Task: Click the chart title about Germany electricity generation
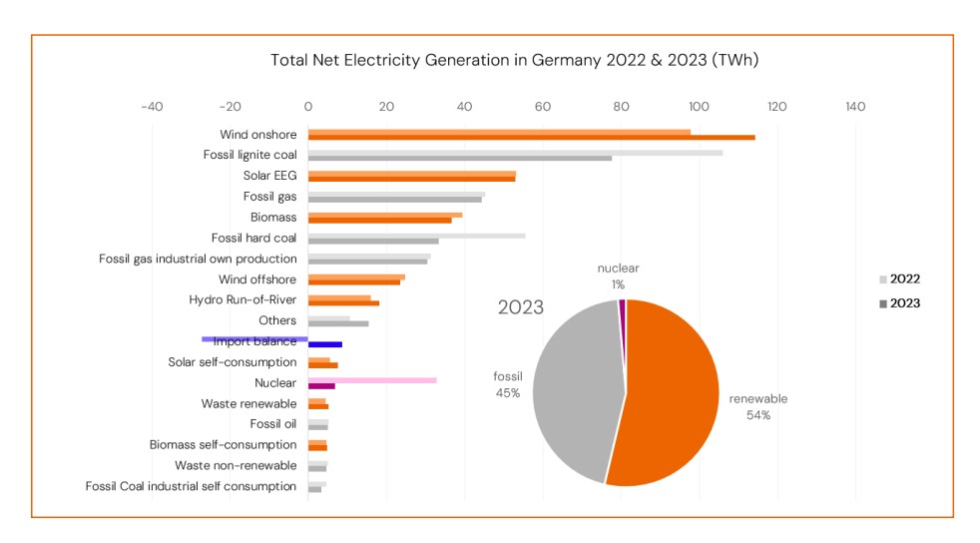pyautogui.click(x=514, y=60)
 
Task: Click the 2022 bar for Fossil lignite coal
pyautogui.click(x=515, y=153)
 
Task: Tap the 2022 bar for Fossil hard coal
pyautogui.click(x=416, y=236)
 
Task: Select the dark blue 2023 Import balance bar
pyautogui.click(x=325, y=344)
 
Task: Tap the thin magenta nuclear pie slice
pyautogui.click(x=622, y=305)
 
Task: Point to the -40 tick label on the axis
pyautogui.click(x=152, y=107)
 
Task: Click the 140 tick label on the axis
pyautogui.click(x=855, y=107)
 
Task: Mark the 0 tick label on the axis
pyautogui.click(x=308, y=107)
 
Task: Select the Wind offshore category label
pyautogui.click(x=257, y=279)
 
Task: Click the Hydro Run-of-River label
pyautogui.click(x=243, y=299)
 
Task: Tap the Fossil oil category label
pyautogui.click(x=272, y=424)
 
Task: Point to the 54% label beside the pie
pyautogui.click(x=758, y=415)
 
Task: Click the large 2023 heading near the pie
pyautogui.click(x=521, y=307)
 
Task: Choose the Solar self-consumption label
pyautogui.click(x=232, y=362)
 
